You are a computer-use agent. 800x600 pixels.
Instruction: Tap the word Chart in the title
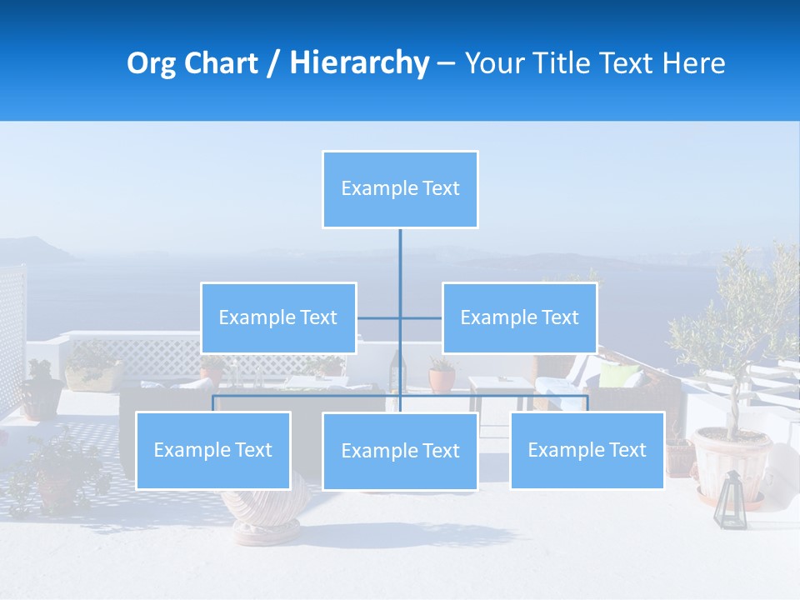pos(222,63)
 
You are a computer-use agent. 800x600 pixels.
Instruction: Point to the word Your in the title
pos(495,63)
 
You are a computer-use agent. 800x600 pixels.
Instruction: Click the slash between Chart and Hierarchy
pos(273,63)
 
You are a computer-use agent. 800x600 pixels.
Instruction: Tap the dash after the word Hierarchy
pos(446,64)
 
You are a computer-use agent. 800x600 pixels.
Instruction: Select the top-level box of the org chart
pos(400,189)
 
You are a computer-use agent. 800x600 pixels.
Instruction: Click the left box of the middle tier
pos(278,317)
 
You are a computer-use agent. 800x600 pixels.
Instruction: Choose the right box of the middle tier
pos(519,317)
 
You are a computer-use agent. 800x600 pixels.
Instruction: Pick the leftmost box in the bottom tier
pos(212,450)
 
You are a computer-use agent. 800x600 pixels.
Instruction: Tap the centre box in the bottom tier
pos(400,451)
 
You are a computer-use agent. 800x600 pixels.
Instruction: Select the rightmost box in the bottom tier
pos(587,450)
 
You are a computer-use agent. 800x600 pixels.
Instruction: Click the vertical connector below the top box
pos(400,267)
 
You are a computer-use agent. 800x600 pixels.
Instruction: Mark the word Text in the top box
pos(441,189)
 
